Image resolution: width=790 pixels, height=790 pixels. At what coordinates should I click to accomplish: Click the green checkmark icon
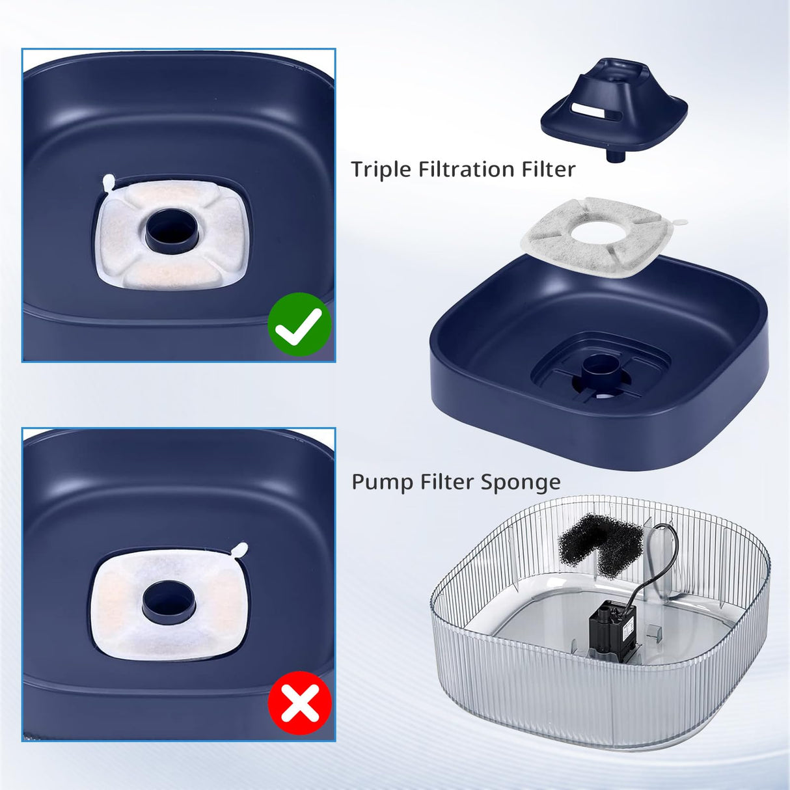[x=299, y=324]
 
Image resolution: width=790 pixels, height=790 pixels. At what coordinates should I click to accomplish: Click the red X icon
[x=300, y=703]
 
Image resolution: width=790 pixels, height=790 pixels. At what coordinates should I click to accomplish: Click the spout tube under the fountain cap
[x=615, y=156]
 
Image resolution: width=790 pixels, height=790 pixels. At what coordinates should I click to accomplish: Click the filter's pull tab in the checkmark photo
[x=109, y=182]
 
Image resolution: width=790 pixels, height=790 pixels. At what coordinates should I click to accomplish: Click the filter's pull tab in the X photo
[x=239, y=551]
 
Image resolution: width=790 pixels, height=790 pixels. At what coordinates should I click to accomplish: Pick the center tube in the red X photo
[x=168, y=602]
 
